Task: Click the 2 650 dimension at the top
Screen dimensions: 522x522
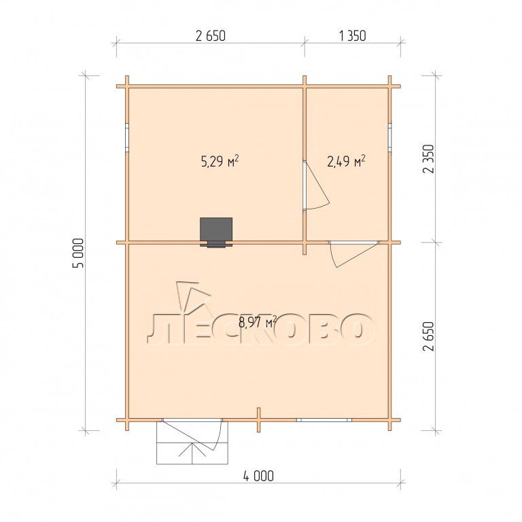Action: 211,35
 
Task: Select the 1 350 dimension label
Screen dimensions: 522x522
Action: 353,35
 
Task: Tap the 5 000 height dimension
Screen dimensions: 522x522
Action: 80,253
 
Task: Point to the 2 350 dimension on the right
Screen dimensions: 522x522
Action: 428,159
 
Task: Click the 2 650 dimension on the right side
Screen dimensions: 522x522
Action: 428,336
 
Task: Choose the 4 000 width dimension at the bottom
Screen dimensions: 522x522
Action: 259,476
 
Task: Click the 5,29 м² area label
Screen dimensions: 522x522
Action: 220,162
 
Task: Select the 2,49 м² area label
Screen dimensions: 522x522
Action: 347,162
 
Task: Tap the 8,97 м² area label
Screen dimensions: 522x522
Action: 258,322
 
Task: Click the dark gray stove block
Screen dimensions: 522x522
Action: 216,232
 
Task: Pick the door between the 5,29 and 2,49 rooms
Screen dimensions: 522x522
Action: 315,186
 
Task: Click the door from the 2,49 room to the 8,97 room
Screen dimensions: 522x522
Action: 353,254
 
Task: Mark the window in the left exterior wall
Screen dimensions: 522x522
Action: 127,137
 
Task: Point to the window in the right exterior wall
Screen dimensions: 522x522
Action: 390,137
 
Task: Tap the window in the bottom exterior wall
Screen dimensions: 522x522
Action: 324,420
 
